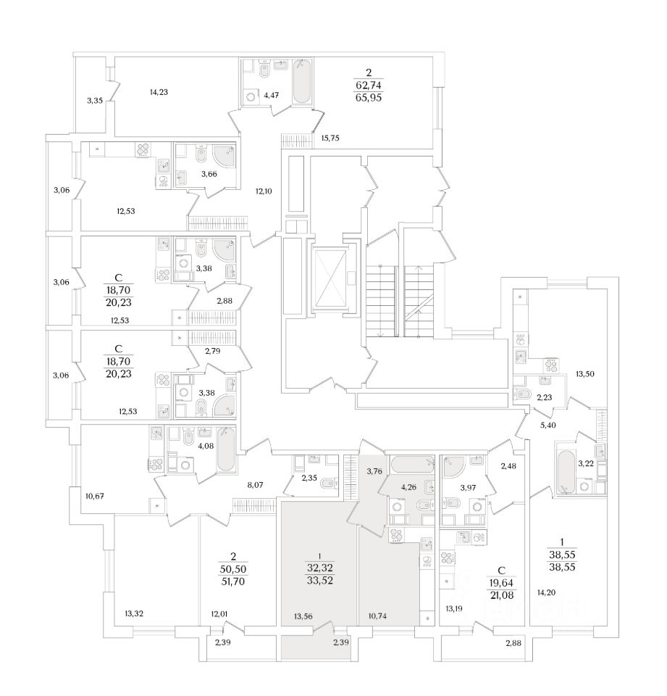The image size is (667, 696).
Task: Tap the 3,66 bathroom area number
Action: pos(190,174)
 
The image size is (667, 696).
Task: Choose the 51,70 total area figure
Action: pos(233,581)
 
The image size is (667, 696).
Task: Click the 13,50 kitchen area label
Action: pos(585,374)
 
